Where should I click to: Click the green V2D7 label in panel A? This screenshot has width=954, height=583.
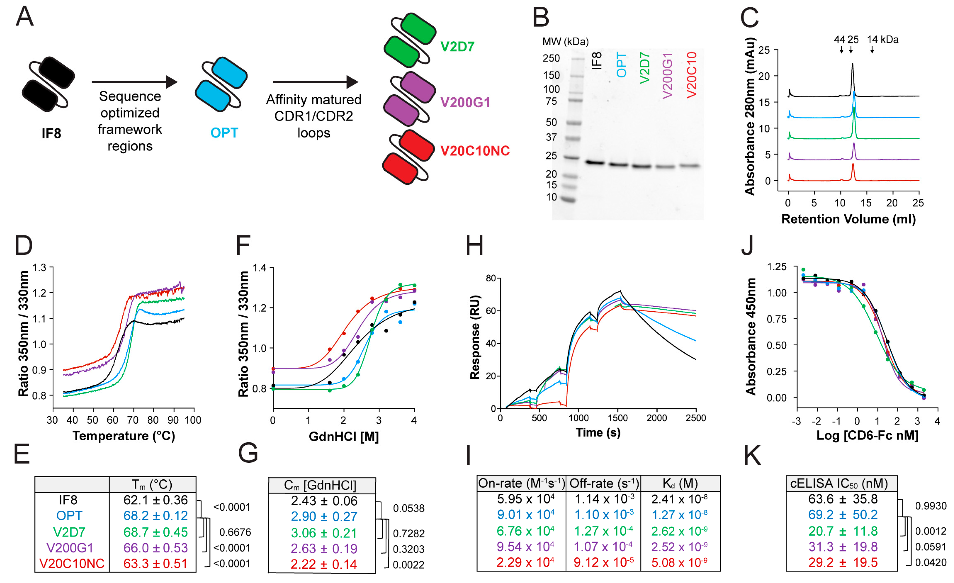click(457, 46)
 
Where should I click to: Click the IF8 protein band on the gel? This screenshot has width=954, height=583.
click(595, 162)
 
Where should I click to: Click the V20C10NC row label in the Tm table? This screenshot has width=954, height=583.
click(72, 563)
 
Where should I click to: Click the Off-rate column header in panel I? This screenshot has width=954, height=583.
click(603, 483)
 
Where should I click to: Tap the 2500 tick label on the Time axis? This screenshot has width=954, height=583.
click(696, 418)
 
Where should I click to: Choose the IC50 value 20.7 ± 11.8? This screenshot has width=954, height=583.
click(842, 531)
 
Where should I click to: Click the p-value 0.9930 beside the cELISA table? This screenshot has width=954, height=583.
click(931, 506)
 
